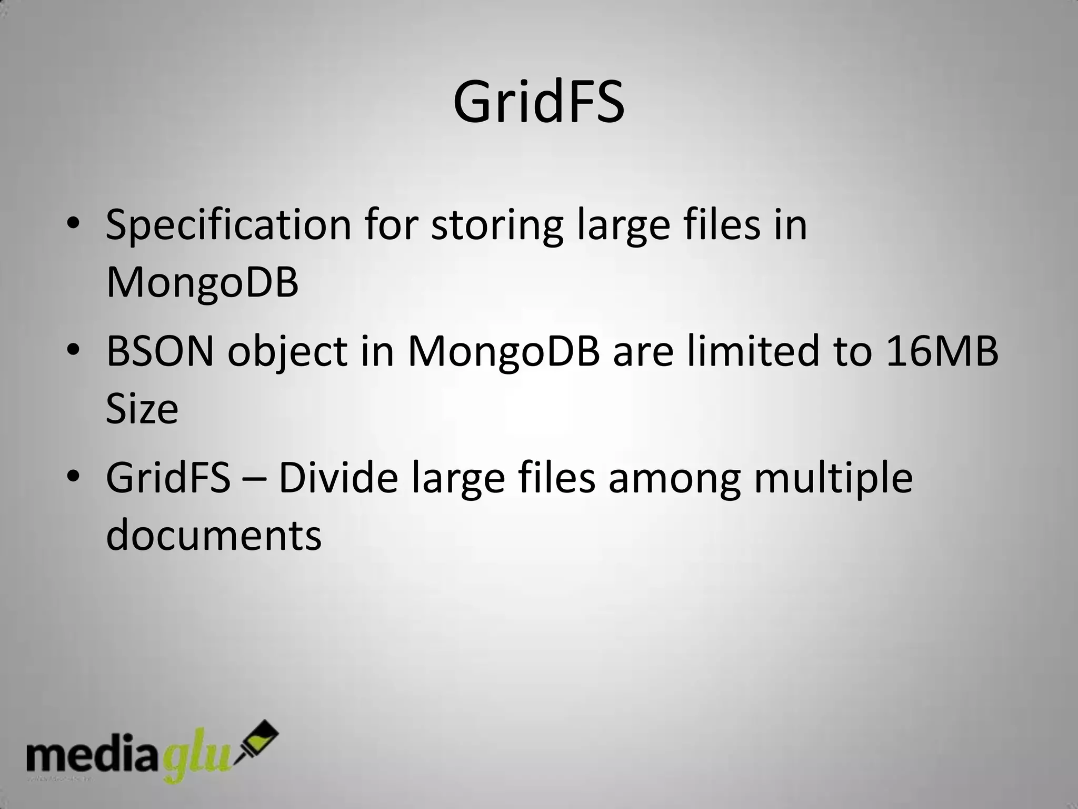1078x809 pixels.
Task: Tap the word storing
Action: coord(497,225)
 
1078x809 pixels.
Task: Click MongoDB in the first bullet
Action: coord(202,283)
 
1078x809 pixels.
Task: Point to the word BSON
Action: coord(160,351)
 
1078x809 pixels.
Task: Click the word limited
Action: coord(753,351)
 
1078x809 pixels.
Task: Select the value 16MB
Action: coord(942,351)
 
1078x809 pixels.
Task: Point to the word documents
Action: coord(214,536)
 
